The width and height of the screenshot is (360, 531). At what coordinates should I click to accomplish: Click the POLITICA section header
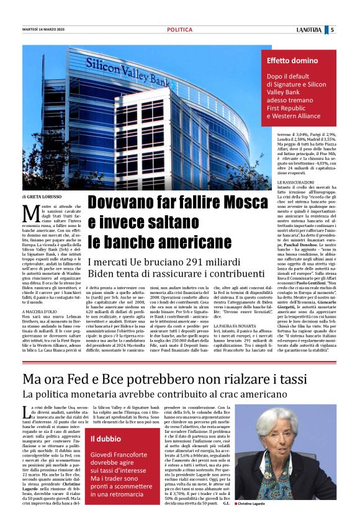[179, 29]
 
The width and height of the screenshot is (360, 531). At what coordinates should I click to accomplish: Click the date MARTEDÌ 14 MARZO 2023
[43, 29]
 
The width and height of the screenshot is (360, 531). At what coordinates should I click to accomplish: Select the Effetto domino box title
[292, 61]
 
